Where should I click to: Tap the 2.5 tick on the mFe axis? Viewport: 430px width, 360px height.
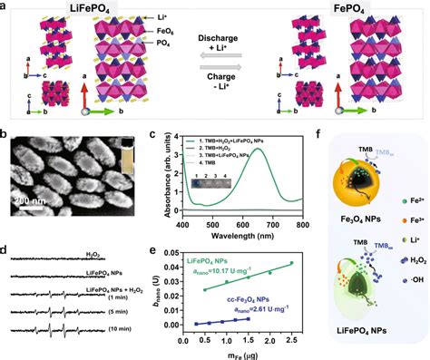click(292, 336)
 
